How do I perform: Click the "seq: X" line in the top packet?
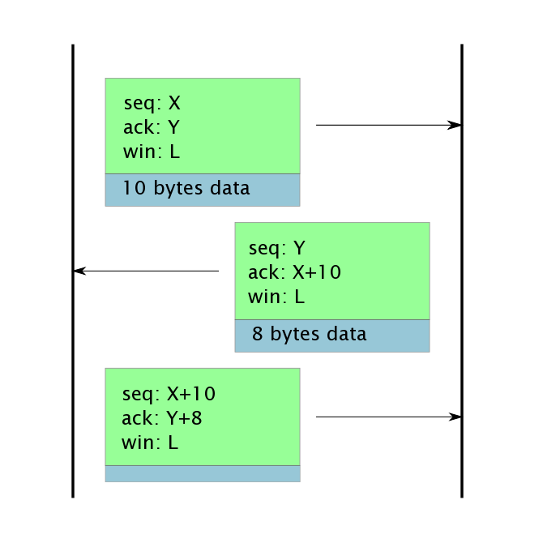152,104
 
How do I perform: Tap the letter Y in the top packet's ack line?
173,128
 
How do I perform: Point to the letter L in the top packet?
174,152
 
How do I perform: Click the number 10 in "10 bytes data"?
134,189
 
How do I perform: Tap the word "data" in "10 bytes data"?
230,189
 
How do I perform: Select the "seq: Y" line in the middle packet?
276,249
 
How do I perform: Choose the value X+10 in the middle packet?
317,273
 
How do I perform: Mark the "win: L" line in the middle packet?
276,297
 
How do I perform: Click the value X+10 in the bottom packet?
191,395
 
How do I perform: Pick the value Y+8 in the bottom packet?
185,419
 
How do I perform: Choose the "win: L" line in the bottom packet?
150,443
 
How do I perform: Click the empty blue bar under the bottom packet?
203,473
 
